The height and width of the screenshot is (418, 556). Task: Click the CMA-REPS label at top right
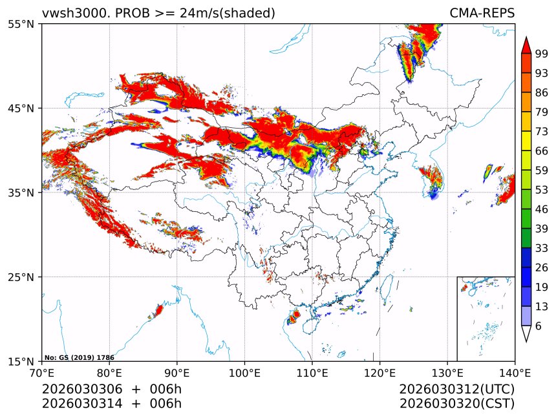[x=482, y=14]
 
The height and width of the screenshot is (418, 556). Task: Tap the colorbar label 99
[x=542, y=54]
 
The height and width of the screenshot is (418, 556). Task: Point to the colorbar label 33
[x=542, y=248]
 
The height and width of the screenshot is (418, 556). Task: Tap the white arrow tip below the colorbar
[x=526, y=334]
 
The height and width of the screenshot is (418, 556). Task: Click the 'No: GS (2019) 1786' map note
[x=69, y=357]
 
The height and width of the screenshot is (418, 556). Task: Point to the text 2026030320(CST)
[x=456, y=404]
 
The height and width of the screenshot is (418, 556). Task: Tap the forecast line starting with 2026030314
[x=112, y=404]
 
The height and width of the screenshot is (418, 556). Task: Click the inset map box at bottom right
[x=486, y=319]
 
